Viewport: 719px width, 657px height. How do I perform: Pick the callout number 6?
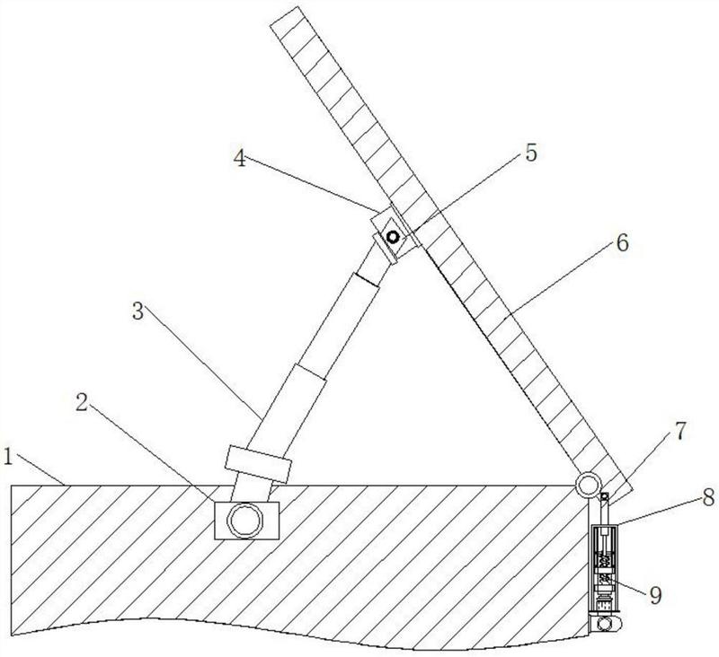click(x=623, y=242)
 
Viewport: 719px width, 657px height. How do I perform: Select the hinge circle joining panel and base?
click(x=589, y=486)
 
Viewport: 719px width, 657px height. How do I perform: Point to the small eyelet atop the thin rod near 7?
click(x=605, y=497)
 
